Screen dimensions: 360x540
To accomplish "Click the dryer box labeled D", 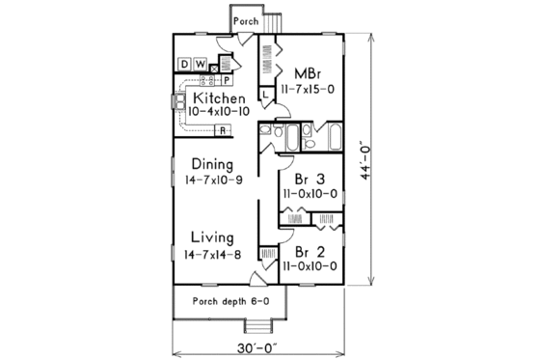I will (183, 65).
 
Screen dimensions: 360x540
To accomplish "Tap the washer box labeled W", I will (200, 65).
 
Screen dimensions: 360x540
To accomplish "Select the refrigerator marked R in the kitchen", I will (222, 129).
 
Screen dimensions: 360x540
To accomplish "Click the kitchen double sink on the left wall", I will (179, 100).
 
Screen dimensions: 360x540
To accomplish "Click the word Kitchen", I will (222, 98).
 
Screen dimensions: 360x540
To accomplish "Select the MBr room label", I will (308, 73).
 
